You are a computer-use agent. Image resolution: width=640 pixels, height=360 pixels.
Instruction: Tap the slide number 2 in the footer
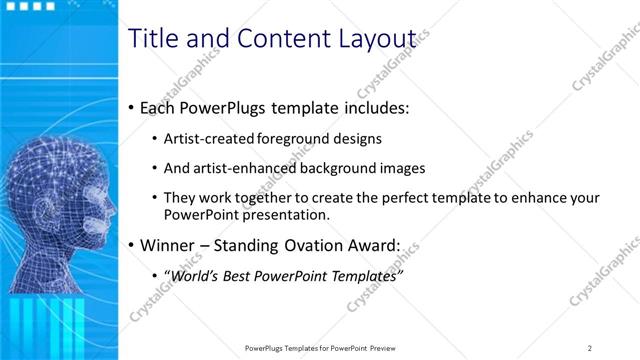[x=589, y=348]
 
